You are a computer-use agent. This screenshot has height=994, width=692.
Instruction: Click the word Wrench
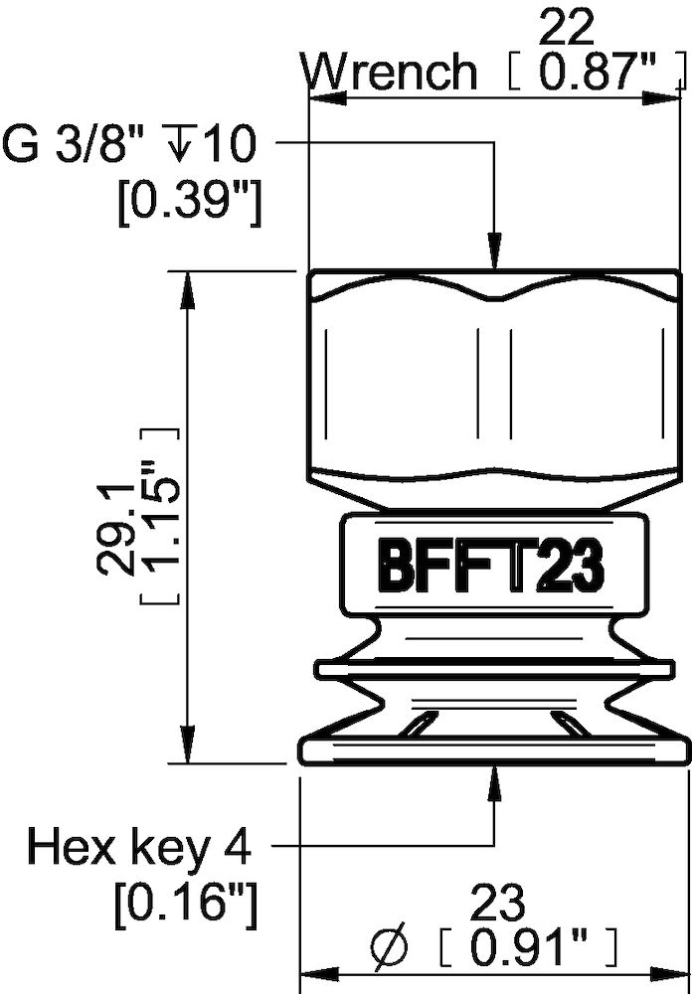tap(390, 73)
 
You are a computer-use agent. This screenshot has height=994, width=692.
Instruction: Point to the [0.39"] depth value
tap(188, 205)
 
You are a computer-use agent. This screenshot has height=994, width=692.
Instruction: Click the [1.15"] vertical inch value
tap(159, 517)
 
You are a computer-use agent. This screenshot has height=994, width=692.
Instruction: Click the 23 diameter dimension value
tap(494, 904)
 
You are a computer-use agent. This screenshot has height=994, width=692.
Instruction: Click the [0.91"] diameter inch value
tap(537, 945)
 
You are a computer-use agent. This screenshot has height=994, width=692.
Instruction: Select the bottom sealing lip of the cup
tap(492, 751)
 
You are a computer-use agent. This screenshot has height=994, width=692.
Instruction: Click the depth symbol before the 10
tap(182, 146)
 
